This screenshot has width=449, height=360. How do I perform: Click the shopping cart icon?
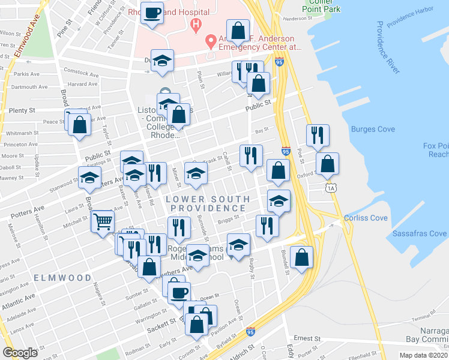pyautogui.click(x=102, y=221)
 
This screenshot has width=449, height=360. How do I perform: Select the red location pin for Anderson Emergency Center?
pyautogui.click(x=210, y=41)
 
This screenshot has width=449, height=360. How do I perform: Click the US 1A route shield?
pyautogui.click(x=331, y=188)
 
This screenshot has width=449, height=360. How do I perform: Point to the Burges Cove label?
pyautogui.click(x=372, y=129)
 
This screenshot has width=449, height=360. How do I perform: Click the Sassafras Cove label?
pyautogui.click(x=419, y=233)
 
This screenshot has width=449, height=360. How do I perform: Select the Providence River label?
pyautogui.click(x=388, y=48)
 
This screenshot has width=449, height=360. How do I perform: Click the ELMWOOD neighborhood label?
pyautogui.click(x=62, y=278)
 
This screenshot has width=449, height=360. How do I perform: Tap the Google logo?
pyautogui.click(x=20, y=353)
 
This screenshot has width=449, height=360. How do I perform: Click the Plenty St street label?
pyautogui.click(x=23, y=111)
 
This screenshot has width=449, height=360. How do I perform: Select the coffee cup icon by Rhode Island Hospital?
pyautogui.click(x=152, y=12)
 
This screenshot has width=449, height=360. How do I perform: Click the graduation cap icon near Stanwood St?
pyautogui.click(x=89, y=178)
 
